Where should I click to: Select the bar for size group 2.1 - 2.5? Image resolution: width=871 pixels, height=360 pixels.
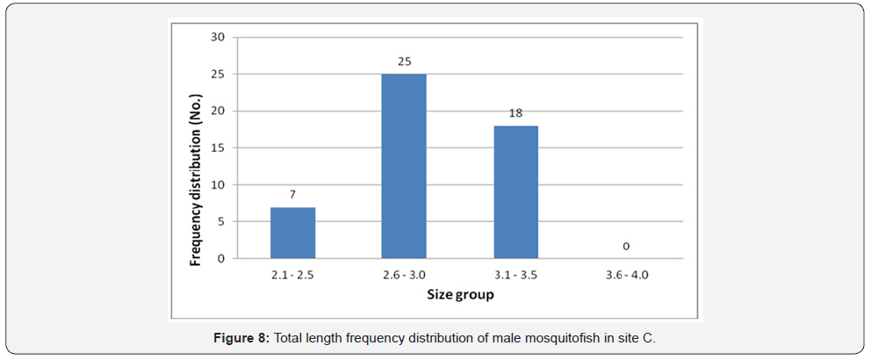292,233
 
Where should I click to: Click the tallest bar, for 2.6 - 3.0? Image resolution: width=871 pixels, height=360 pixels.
403,166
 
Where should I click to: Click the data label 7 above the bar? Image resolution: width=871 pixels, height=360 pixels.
292,193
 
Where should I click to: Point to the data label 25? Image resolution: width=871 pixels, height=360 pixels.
403,61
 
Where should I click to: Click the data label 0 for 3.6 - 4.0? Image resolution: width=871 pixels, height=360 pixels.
626,246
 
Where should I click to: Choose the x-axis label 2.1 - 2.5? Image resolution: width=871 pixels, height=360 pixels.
292,276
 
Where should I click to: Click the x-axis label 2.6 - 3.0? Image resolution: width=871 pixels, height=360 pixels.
403,276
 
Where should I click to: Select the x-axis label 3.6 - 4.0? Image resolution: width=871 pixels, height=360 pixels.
626,276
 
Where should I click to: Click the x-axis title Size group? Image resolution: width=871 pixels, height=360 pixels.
459,295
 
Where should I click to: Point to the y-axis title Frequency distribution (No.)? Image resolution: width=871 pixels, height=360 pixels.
198,148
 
